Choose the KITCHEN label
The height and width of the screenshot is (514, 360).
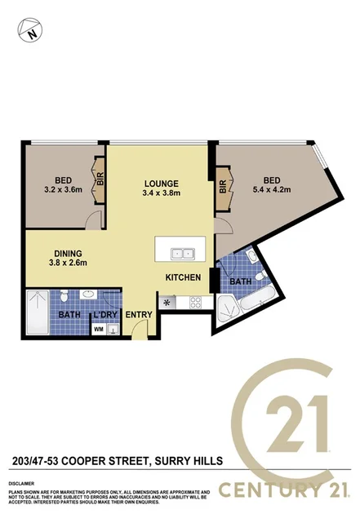pyautogui.click(x=184, y=277)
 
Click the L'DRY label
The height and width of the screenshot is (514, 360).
pyautogui.click(x=104, y=314)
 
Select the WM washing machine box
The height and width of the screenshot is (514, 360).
pyautogui.click(x=99, y=329)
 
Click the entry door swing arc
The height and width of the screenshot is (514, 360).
pyautogui.click(x=140, y=329)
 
